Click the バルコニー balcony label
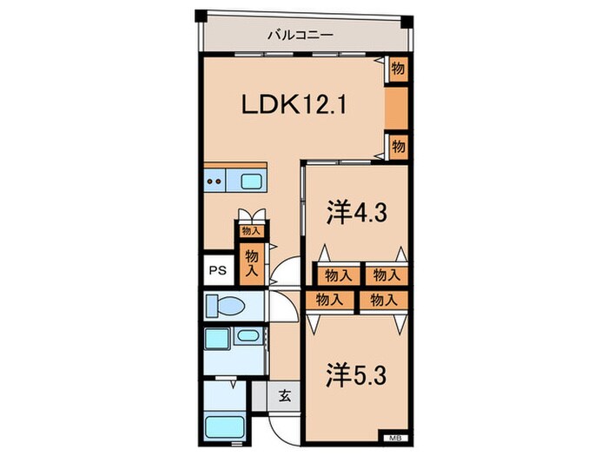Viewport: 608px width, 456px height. pyautogui.click(x=301, y=36)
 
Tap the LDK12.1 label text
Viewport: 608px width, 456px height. pyautogui.click(x=294, y=105)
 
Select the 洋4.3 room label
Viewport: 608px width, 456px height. pyautogui.click(x=356, y=213)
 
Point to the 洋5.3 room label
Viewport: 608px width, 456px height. pyautogui.click(x=355, y=375)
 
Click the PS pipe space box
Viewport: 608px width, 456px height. pyautogui.click(x=218, y=270)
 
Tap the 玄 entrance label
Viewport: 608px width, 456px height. pyautogui.click(x=285, y=396)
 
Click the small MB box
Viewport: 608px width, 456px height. pyautogui.click(x=393, y=438)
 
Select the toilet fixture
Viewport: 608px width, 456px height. pyautogui.click(x=225, y=306)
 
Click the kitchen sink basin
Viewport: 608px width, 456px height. pyautogui.click(x=251, y=181)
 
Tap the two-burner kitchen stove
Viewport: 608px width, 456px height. pyautogui.click(x=215, y=181)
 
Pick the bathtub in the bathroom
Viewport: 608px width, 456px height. pyautogui.click(x=224, y=427)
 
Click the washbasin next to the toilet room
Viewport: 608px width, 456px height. pyautogui.click(x=248, y=335)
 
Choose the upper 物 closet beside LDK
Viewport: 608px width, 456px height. pyautogui.click(x=398, y=69)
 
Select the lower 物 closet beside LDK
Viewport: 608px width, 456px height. pyautogui.click(x=398, y=147)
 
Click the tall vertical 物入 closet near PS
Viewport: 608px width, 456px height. pyautogui.click(x=252, y=264)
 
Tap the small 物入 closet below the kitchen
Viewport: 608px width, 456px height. pyautogui.click(x=250, y=231)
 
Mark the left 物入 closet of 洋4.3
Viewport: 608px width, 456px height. pyautogui.click(x=338, y=275)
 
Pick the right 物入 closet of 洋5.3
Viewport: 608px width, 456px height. pyautogui.click(x=384, y=301)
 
